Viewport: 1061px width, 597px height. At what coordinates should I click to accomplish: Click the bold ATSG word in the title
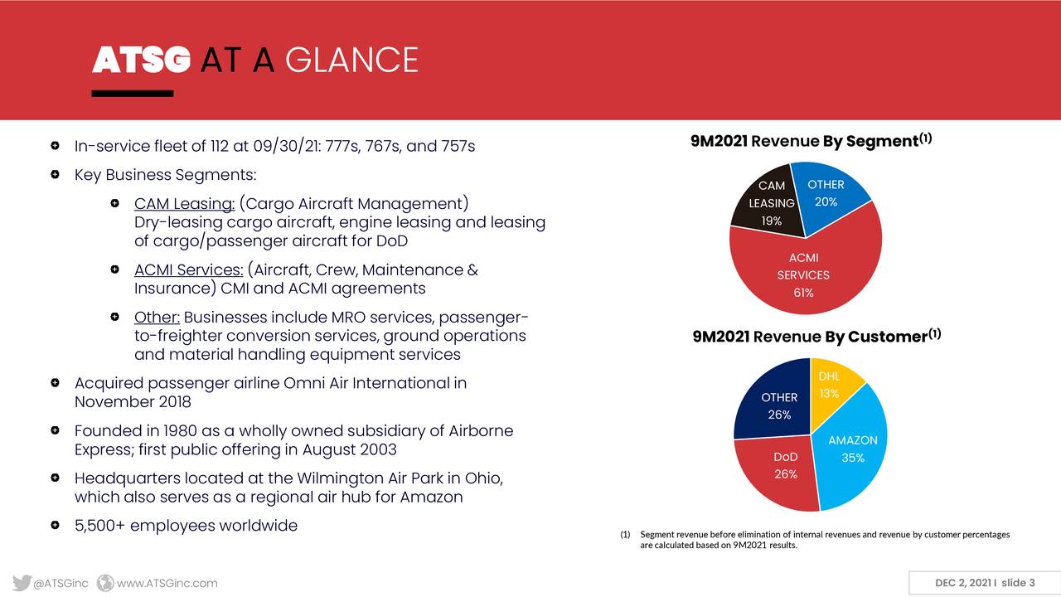coord(141,60)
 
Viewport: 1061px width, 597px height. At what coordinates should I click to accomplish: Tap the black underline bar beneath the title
coord(133,94)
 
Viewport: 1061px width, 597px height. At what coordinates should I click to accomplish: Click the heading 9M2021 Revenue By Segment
coord(811,141)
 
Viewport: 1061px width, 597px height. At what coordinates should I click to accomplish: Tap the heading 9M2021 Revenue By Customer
coord(816,336)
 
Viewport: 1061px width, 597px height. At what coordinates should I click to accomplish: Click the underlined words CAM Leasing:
coord(184,203)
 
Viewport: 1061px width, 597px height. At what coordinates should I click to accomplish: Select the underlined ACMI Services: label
coord(188,269)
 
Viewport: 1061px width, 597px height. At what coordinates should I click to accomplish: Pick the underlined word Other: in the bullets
coord(157,317)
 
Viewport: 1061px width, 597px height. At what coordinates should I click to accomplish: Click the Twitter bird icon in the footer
coord(22,583)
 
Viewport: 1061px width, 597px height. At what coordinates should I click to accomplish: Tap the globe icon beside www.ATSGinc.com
coord(105,583)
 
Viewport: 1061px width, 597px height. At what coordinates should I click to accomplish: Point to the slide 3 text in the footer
coord(1018,583)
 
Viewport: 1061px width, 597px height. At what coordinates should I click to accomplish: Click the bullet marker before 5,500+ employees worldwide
coord(55,525)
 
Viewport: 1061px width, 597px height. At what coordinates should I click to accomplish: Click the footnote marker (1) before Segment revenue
coord(625,535)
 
